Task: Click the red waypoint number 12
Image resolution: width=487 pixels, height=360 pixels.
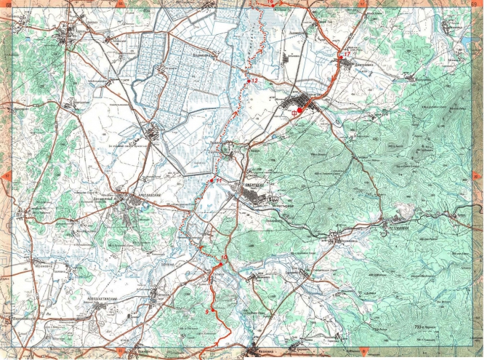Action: coord(254,80)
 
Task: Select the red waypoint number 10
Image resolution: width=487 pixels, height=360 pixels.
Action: coord(224,257)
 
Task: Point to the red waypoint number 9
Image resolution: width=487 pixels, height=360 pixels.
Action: coord(207,311)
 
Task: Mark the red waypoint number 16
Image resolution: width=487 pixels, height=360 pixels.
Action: coord(270,2)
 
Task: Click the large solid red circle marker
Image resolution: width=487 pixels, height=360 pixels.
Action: coord(301,111)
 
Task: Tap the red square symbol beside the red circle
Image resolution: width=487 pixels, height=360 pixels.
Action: coord(294,112)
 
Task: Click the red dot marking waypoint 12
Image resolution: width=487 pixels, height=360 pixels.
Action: coord(248,81)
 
